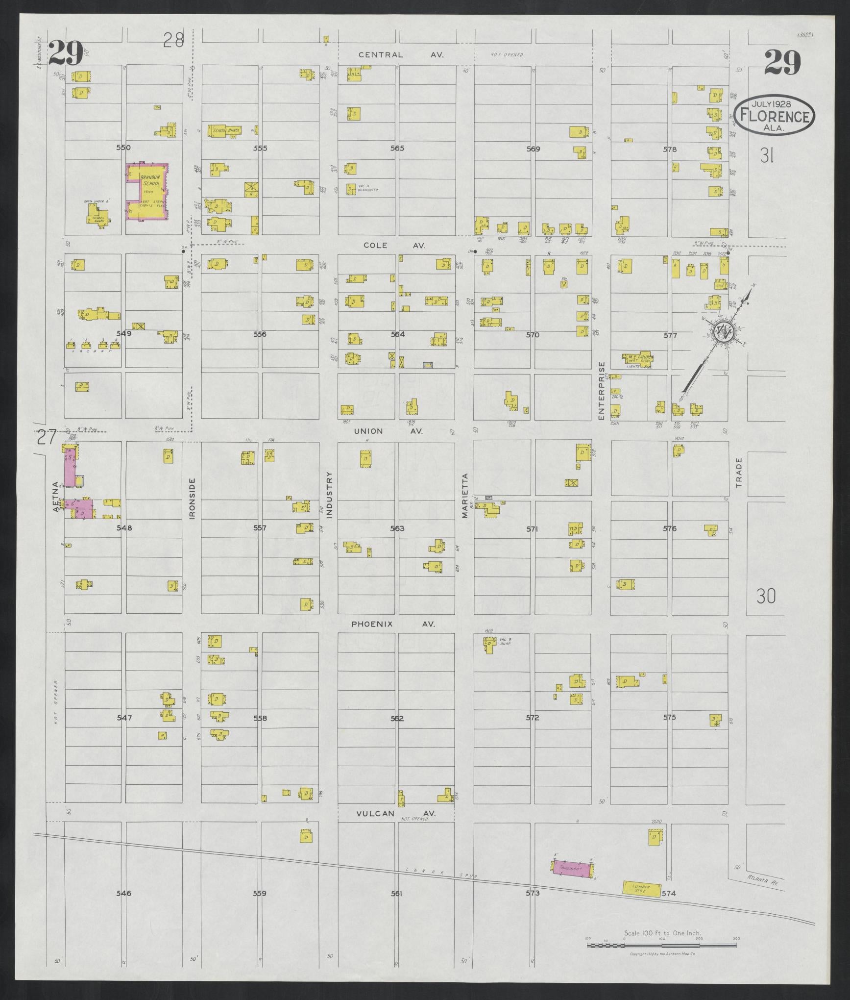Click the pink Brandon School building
click(x=148, y=192)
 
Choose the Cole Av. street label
click(x=394, y=245)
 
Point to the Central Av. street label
click(x=401, y=55)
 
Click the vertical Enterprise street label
click(x=602, y=391)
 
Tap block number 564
click(x=397, y=334)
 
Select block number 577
click(x=670, y=336)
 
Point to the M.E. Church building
click(x=638, y=358)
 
